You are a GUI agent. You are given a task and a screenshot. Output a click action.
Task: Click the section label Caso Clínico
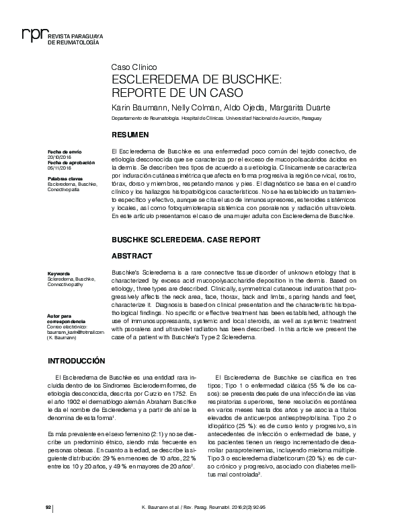pyautogui.click(x=134, y=67)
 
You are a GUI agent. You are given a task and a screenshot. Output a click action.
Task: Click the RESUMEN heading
pyautogui.click(x=130, y=135)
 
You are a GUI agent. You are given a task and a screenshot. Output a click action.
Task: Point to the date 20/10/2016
pyautogui.click(x=58, y=157)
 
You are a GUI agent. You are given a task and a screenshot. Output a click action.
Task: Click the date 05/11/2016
pyautogui.click(x=58, y=168)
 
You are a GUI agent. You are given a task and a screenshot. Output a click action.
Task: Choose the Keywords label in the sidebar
pyautogui.click(x=59, y=273)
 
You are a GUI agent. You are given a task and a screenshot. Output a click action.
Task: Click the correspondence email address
pyautogui.click(x=76, y=332)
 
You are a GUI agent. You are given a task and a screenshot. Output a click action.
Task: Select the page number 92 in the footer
pyautogui.click(x=48, y=506)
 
